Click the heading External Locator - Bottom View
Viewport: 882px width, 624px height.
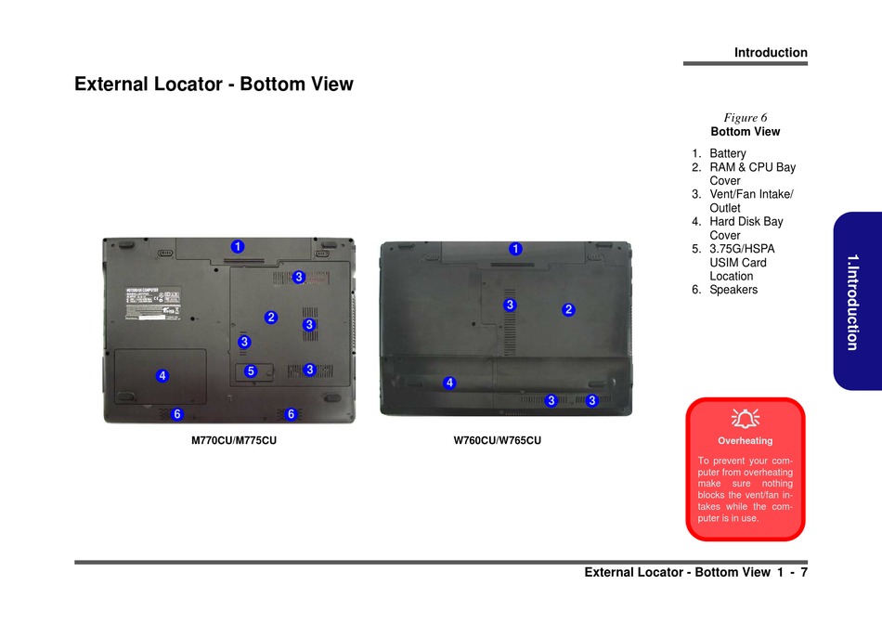(214, 84)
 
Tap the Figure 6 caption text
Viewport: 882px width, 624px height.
(745, 118)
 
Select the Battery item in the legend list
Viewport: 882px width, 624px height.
(727, 153)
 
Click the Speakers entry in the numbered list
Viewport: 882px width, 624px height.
(733, 290)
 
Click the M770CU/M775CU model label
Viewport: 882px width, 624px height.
(234, 440)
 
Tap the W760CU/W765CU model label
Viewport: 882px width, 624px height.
(497, 440)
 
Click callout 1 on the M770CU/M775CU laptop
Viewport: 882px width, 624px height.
(238, 246)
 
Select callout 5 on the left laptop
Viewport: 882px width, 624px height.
(250, 371)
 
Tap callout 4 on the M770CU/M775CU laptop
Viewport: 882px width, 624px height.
(162, 376)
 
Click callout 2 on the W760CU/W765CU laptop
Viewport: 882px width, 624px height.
(569, 309)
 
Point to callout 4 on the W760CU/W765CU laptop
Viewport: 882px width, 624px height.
(449, 383)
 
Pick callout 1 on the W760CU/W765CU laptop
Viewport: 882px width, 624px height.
(515, 249)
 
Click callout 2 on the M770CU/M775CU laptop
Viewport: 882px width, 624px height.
(271, 317)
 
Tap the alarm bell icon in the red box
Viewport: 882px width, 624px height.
(745, 419)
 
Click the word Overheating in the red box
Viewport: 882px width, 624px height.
(745, 441)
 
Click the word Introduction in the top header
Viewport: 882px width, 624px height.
(771, 53)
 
